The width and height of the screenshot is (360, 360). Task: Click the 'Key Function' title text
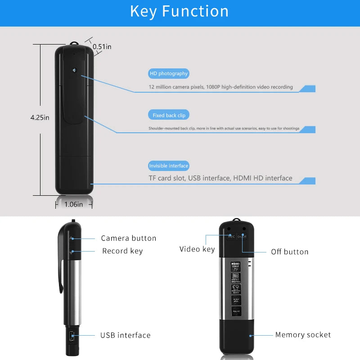click(x=179, y=11)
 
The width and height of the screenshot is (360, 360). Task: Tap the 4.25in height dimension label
click(x=40, y=117)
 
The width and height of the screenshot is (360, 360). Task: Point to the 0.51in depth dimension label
click(x=102, y=46)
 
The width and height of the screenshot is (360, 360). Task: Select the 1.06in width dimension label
click(x=74, y=204)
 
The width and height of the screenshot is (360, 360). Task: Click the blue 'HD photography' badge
click(x=168, y=73)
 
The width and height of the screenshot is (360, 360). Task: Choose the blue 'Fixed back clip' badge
click(x=169, y=115)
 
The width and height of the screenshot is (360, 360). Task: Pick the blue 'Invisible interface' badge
click(x=169, y=166)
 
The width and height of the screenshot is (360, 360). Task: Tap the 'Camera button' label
click(x=128, y=238)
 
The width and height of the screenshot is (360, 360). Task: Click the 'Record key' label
click(x=122, y=251)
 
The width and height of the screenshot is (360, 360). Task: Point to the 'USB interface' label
click(x=125, y=335)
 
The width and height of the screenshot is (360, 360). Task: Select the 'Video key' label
click(x=197, y=249)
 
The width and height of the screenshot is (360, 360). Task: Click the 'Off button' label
click(x=289, y=252)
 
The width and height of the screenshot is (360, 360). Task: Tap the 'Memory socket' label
click(x=303, y=335)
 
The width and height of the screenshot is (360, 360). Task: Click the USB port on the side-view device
click(x=72, y=335)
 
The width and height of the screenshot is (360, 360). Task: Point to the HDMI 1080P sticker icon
click(x=235, y=266)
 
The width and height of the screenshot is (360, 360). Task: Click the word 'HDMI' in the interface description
click(x=243, y=178)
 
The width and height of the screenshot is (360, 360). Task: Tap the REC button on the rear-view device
click(x=231, y=236)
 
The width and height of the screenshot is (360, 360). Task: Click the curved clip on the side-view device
click(x=61, y=265)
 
